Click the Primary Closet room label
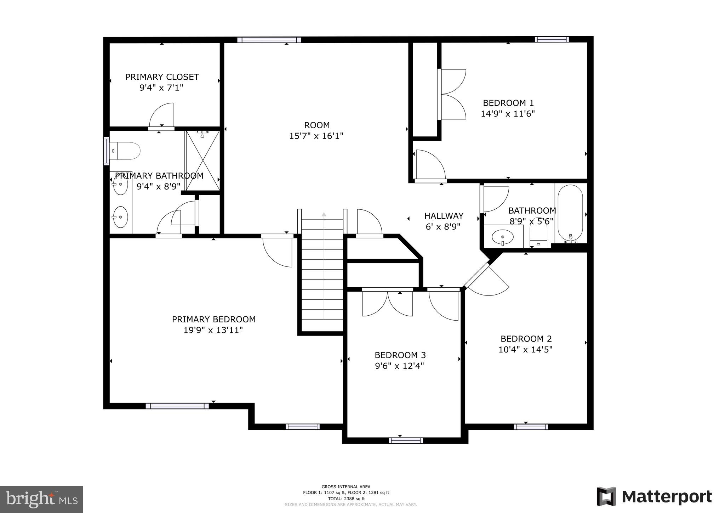click(x=162, y=77)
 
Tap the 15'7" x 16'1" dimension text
click(x=316, y=136)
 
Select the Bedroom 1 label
click(x=508, y=103)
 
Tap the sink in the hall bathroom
click(x=503, y=237)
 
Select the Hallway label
click(x=444, y=216)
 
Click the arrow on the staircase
click(x=324, y=214)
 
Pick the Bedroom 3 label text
click(x=400, y=355)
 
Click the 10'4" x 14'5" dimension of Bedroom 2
click(x=525, y=350)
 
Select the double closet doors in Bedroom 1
click(x=452, y=94)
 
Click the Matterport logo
click(x=654, y=497)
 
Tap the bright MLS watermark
click(x=41, y=499)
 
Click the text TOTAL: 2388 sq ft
click(x=346, y=498)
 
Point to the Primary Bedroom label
click(x=213, y=319)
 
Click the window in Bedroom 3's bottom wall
click(x=406, y=440)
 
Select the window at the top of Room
click(x=269, y=40)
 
